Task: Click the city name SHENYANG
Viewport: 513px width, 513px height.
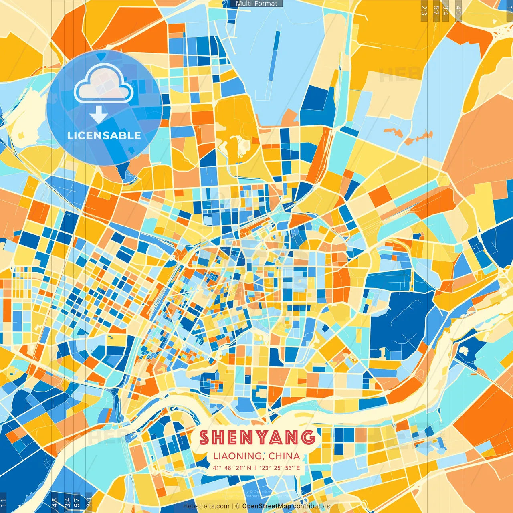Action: pyautogui.click(x=257, y=437)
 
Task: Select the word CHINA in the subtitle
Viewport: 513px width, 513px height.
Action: pyautogui.click(x=284, y=456)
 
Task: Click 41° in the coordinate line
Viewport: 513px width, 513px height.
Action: pyautogui.click(x=217, y=468)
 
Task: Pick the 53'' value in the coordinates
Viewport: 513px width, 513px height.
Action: pyautogui.click(x=289, y=468)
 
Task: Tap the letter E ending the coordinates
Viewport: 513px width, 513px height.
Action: pyautogui.click(x=298, y=468)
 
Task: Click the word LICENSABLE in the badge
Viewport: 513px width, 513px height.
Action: pyautogui.click(x=104, y=135)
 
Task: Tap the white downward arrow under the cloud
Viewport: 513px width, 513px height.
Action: pyautogui.click(x=99, y=115)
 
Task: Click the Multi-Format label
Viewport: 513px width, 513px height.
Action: pyautogui.click(x=256, y=4)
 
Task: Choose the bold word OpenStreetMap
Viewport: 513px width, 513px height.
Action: pyautogui.click(x=267, y=506)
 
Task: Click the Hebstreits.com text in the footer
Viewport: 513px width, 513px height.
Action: pyautogui.click(x=206, y=506)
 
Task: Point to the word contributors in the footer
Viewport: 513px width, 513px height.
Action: pyautogui.click(x=311, y=506)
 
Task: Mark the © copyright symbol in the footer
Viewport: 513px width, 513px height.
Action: pyautogui.click(x=237, y=506)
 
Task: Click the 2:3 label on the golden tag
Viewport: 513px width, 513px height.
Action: pyautogui.click(x=424, y=10)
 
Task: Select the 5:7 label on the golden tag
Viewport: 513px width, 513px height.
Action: pyautogui.click(x=436, y=10)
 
